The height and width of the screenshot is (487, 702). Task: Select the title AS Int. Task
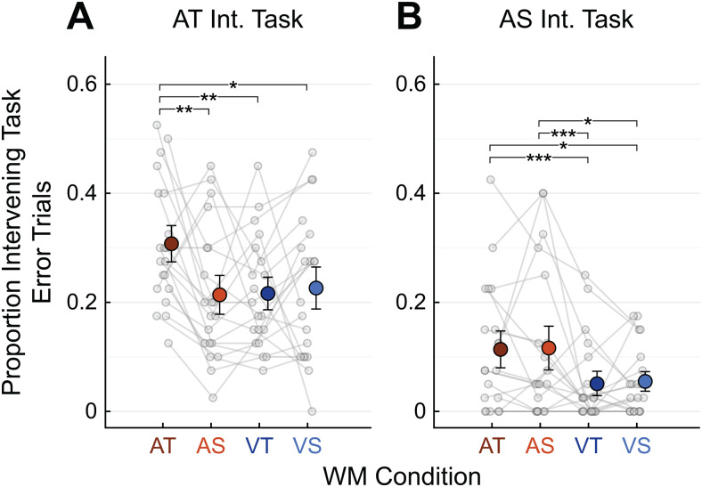563,20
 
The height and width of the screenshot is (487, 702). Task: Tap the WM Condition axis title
401,475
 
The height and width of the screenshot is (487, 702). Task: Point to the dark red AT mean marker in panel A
171,244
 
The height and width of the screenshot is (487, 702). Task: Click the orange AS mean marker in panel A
220,295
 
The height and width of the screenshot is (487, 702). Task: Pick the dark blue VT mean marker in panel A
268,293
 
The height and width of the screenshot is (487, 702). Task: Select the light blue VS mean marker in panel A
315,288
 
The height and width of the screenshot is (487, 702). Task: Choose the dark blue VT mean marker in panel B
597,384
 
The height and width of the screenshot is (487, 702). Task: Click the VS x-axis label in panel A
315,444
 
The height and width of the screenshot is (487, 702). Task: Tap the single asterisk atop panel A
233,84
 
